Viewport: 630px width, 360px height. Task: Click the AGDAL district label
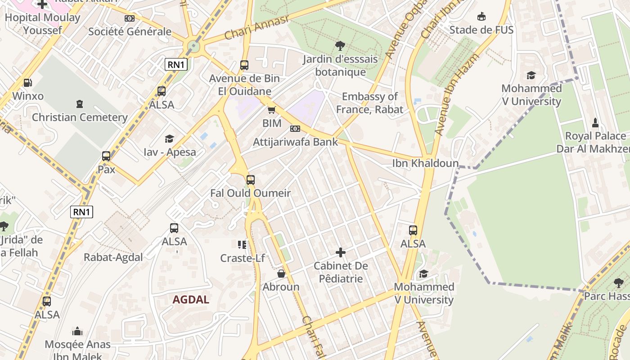tap(191, 300)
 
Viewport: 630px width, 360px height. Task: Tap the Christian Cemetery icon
tap(80, 104)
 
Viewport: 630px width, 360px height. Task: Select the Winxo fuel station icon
tap(27, 83)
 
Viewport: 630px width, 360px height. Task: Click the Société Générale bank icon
tap(130, 18)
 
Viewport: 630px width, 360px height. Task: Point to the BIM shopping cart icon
tap(271, 110)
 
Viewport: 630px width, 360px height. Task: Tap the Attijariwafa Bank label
tap(295, 142)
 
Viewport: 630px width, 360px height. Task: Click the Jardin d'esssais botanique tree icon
tap(340, 45)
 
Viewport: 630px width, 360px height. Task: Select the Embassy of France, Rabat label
tap(369, 103)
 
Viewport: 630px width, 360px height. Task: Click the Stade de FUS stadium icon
tap(481, 17)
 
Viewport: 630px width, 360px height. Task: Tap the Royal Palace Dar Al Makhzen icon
tap(595, 123)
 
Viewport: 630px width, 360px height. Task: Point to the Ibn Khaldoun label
tap(425, 163)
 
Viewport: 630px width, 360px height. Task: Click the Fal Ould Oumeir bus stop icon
tap(251, 180)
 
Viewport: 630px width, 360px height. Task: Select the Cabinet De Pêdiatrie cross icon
tap(341, 252)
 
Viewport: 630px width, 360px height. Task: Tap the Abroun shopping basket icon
tap(281, 274)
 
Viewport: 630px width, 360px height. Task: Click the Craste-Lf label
tap(242, 258)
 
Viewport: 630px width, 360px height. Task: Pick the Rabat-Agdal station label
tap(113, 257)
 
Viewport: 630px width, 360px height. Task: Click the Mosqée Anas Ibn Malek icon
tap(77, 332)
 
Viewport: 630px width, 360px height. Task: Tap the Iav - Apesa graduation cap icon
tap(170, 139)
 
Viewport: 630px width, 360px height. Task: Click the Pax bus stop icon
tap(106, 156)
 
